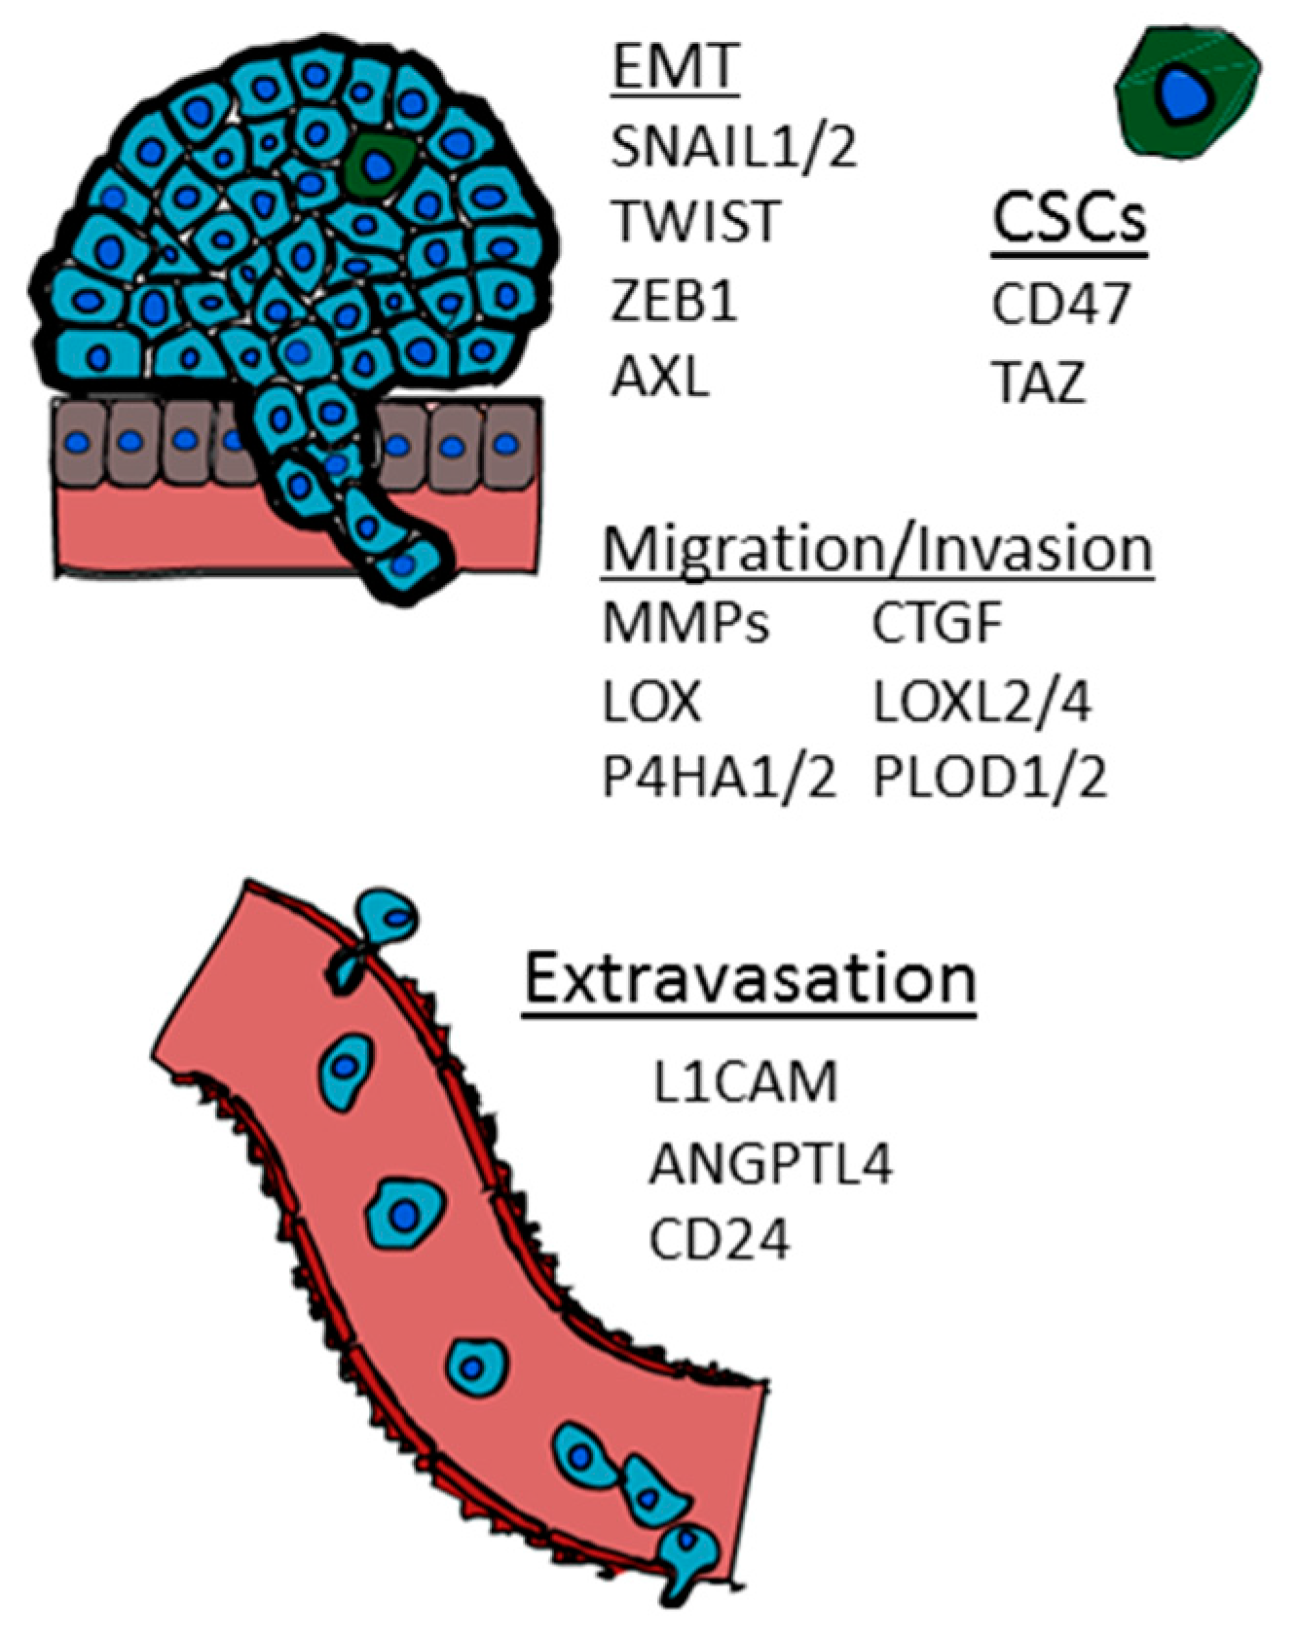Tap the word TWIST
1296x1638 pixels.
point(696,222)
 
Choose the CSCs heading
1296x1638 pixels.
point(1069,221)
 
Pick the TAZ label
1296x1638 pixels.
point(1038,382)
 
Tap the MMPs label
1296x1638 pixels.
point(685,624)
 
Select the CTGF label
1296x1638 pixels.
point(937,624)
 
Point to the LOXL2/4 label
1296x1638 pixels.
point(981,702)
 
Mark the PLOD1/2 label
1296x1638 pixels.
point(989,779)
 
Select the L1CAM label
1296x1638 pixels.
point(745,1082)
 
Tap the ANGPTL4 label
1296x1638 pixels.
point(770,1163)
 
